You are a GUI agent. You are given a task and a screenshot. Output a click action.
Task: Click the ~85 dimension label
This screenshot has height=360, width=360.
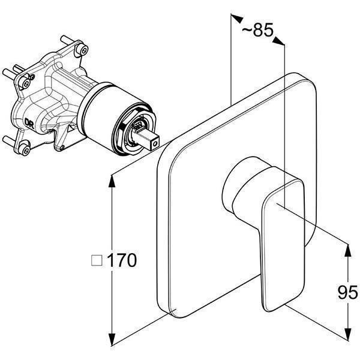257,30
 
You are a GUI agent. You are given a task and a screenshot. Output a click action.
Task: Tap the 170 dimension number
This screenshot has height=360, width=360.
122,260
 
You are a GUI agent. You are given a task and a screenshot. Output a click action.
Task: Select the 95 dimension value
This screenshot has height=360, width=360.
348,293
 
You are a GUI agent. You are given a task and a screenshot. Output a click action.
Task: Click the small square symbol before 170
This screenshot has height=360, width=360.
97,260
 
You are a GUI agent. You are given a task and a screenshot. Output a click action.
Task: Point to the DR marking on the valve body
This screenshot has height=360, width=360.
29,123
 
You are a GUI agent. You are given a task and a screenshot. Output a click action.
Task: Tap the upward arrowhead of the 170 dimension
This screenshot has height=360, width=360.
112,181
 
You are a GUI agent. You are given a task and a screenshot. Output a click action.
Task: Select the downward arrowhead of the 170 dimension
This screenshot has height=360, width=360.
112,339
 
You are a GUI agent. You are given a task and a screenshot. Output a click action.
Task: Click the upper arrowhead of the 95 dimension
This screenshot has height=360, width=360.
348,251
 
